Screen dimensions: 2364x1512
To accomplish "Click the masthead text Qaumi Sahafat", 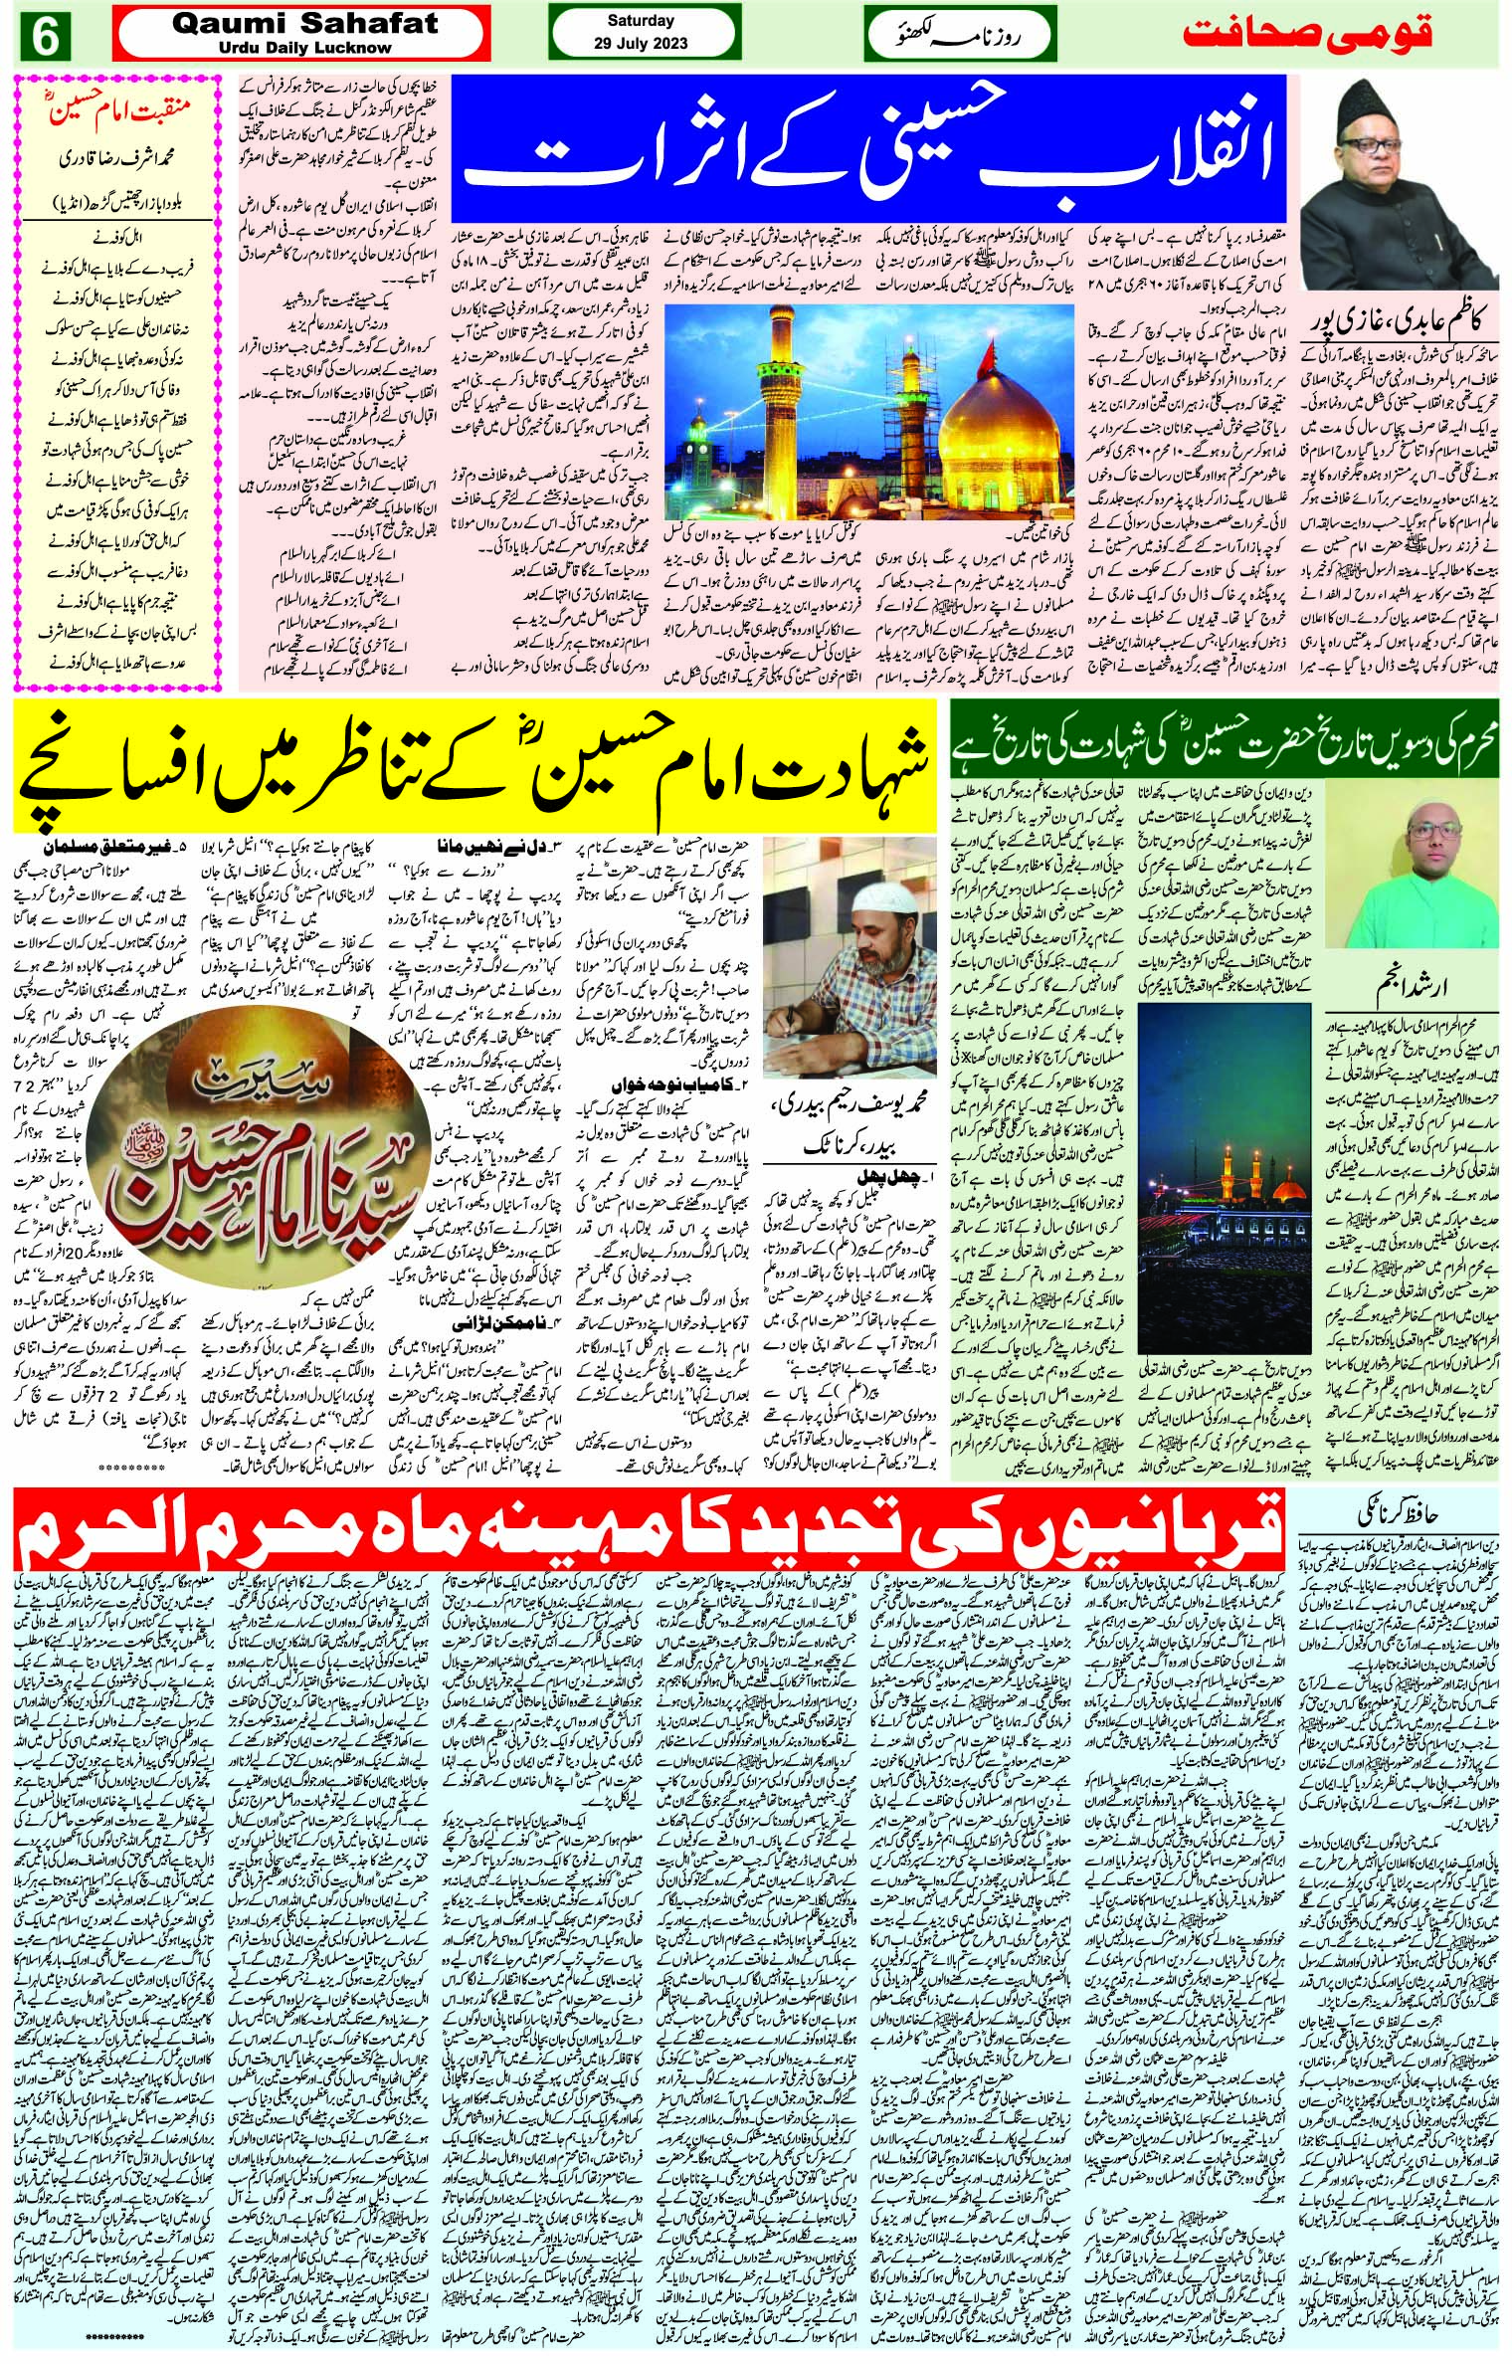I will pos(279,24).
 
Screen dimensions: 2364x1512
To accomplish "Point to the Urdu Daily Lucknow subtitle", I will pos(279,46).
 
